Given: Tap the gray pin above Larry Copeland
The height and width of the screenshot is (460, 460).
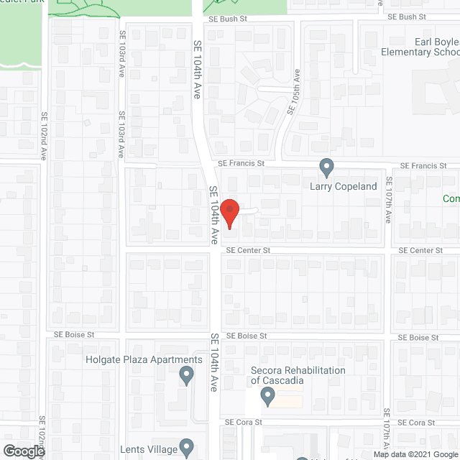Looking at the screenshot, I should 327,167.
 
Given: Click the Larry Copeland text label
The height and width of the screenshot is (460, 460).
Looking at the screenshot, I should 344,186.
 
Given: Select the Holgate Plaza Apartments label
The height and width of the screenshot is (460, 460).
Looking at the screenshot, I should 144,360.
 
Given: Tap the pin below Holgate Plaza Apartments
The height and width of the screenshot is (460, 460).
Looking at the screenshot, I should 186,374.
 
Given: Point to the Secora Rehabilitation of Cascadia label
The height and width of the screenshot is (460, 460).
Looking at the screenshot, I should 298,375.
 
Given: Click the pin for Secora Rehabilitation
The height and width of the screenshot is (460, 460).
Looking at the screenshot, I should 267,395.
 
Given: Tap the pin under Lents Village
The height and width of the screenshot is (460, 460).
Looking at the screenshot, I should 186,447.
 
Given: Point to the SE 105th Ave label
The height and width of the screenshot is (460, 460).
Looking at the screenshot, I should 295,93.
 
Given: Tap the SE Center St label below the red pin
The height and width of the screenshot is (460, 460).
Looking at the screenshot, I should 248,250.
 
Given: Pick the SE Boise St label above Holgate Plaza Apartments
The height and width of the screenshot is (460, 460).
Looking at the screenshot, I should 74,335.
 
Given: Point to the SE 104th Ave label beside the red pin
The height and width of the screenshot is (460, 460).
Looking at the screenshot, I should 213,216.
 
